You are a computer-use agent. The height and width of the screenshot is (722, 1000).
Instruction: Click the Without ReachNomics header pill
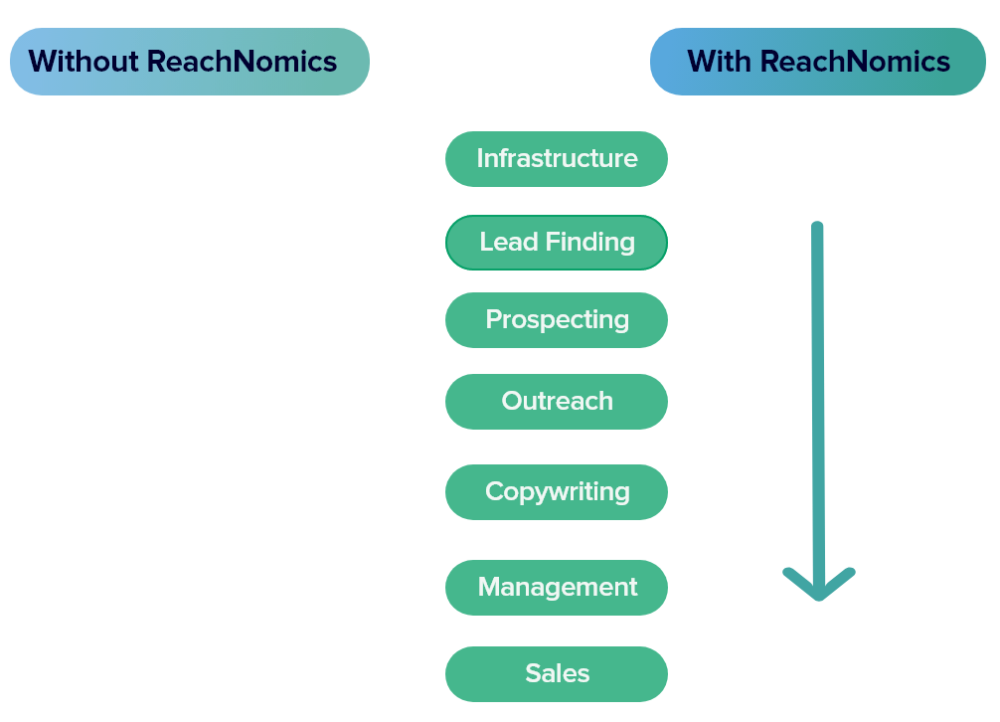(x=189, y=62)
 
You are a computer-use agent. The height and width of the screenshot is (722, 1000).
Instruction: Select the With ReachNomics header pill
(x=818, y=62)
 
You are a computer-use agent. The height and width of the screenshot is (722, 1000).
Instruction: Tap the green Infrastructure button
(x=557, y=159)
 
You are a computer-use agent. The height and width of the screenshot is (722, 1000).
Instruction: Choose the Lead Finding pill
(x=557, y=243)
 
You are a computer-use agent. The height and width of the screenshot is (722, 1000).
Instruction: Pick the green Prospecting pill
(x=557, y=320)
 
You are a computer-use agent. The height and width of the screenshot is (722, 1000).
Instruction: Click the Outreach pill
(x=557, y=402)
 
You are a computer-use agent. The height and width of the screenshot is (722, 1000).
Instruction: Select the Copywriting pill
(x=557, y=492)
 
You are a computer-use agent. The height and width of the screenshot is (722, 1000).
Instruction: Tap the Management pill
(x=557, y=588)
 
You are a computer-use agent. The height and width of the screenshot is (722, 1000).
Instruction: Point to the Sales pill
(x=557, y=674)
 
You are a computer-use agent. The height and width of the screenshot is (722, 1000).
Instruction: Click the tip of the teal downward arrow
(x=818, y=597)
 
